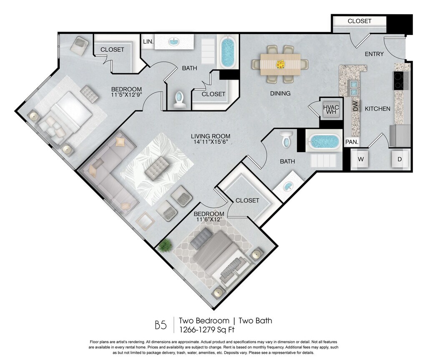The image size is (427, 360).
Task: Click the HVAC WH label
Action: pyautogui.click(x=331, y=110)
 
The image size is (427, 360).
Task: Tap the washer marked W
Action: pyautogui.click(x=361, y=159)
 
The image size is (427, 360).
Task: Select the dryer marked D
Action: pyautogui.click(x=400, y=159)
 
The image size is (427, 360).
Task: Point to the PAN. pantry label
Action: pyautogui.click(x=352, y=142)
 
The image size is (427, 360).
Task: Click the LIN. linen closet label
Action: pyautogui.click(x=148, y=42)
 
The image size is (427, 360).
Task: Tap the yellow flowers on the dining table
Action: pyautogui.click(x=280, y=65)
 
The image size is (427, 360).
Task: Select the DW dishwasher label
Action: pyautogui.click(x=355, y=106)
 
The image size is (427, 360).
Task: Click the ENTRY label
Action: pyautogui.click(x=374, y=54)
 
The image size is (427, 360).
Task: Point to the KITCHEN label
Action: pyautogui.click(x=377, y=109)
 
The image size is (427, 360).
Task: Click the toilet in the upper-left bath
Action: pyautogui.click(x=179, y=99)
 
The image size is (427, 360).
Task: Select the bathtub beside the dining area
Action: pyautogui.click(x=227, y=52)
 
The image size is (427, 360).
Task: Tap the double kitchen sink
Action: pyautogui.click(x=354, y=88)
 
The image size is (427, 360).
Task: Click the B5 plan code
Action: pyautogui.click(x=161, y=325)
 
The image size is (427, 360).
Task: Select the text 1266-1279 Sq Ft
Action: pyautogui.click(x=206, y=330)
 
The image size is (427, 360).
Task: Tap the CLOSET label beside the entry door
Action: pyautogui.click(x=359, y=21)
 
